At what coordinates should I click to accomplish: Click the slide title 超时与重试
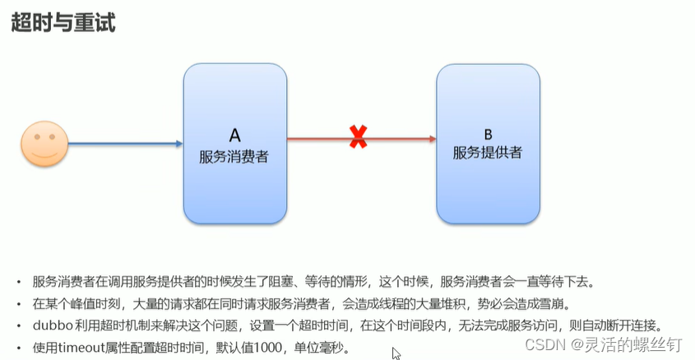[x=63, y=23]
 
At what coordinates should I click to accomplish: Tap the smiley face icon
[x=44, y=144]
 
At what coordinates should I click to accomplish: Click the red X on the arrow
[x=358, y=138]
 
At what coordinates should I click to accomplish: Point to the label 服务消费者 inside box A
[x=234, y=155]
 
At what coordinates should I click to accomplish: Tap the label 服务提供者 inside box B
[x=487, y=152]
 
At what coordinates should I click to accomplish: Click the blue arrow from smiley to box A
[x=123, y=144]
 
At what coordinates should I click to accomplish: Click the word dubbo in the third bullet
[x=52, y=324]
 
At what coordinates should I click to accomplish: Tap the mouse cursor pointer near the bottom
[x=396, y=353]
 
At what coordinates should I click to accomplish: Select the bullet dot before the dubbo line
[x=18, y=325]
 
